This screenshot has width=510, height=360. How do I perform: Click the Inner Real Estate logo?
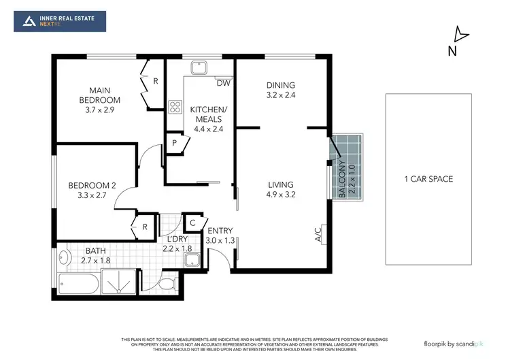60,20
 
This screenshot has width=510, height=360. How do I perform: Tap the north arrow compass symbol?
460,35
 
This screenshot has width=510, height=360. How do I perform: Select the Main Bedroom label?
104,95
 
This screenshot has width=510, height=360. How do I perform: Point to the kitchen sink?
199,67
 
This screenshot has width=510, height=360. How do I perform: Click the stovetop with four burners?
175,106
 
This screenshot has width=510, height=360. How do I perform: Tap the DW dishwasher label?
222,84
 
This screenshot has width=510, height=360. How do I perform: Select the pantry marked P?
174,144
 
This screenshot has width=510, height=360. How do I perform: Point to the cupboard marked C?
192,223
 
